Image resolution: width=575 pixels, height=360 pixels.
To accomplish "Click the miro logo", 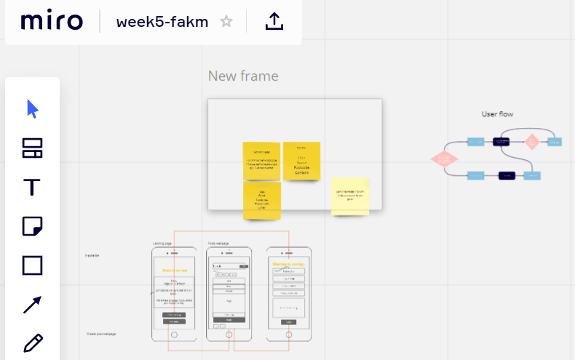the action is coord(52,22).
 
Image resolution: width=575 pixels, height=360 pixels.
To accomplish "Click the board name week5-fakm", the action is coord(162,22).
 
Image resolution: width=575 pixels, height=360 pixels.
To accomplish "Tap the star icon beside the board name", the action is coord(226,22).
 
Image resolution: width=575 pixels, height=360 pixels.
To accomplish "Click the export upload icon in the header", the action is coord(274,22).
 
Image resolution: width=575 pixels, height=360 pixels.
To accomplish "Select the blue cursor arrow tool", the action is coord(32,109).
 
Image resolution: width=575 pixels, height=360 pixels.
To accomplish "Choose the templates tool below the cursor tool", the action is coord(32,148).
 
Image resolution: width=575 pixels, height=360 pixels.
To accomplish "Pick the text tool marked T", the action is coord(32,188).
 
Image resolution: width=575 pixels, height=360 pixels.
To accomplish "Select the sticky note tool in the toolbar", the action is coord(32,227).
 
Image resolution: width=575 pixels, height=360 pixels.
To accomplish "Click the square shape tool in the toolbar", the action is coord(32,265).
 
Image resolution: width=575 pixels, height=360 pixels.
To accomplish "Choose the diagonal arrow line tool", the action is coord(32,304).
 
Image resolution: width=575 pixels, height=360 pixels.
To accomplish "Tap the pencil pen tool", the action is coord(32,343).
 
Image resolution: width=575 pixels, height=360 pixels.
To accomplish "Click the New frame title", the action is coord(243,76).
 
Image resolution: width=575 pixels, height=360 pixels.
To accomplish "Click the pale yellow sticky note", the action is coord(350,196).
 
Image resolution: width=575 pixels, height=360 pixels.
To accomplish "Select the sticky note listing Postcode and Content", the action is coord(301,161).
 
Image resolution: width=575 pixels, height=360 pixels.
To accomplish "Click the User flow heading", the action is coord(498,114).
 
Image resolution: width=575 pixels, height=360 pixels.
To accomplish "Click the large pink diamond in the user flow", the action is coord(443,159).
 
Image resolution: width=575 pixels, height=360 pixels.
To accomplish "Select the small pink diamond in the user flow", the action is coord(532,141).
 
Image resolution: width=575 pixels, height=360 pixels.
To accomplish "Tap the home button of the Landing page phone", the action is coord(173,335).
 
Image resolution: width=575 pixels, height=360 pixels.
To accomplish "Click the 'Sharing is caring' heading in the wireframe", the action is coord(288,264).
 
